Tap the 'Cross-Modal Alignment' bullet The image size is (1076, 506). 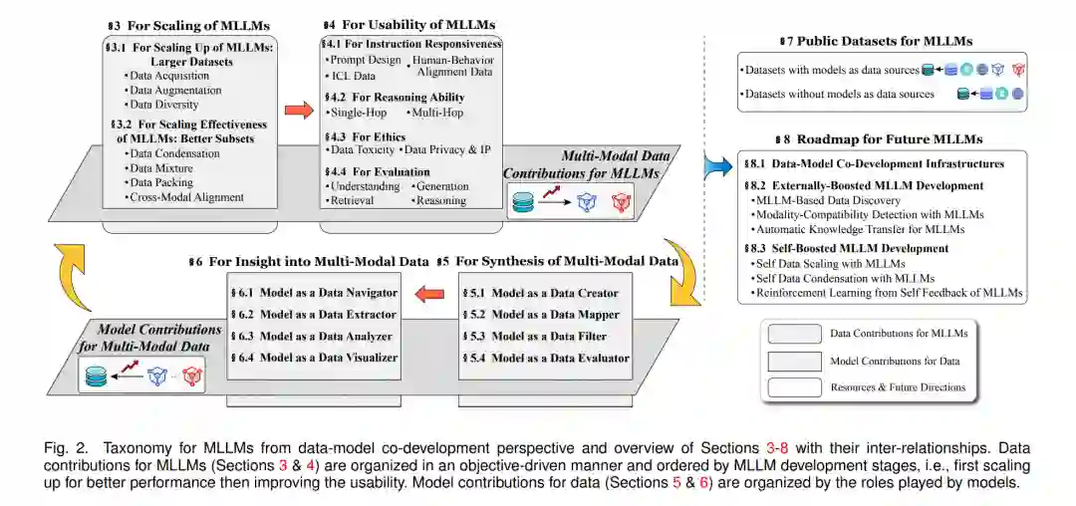pyautogui.click(x=187, y=197)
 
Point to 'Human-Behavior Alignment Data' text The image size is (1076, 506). pyautogui.click(x=452, y=66)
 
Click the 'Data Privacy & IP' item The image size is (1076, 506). pyautogui.click(x=443, y=149)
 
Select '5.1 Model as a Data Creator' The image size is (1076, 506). pyautogui.click(x=543, y=294)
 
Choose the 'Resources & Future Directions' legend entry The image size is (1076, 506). pyautogui.click(x=897, y=386)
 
